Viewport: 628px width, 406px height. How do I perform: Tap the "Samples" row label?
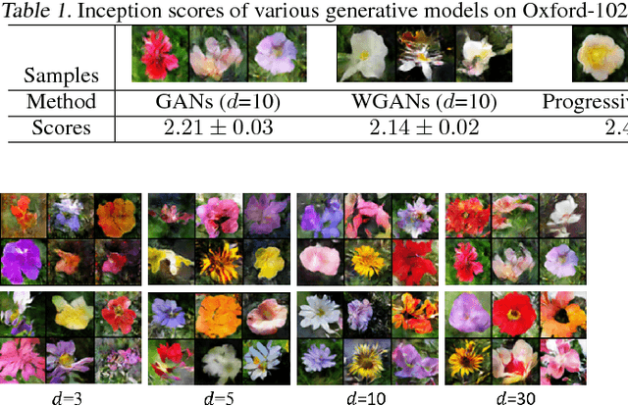point(61,75)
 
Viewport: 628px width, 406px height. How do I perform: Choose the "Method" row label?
point(61,102)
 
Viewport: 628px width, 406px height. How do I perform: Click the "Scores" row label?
point(61,128)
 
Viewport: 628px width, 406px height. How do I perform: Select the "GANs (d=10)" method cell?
point(214,102)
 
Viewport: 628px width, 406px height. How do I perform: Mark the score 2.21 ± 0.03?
point(214,128)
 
